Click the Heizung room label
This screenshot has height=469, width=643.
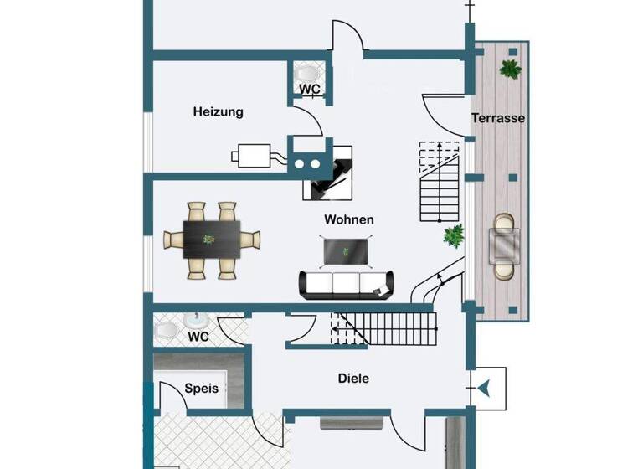pyautogui.click(x=218, y=111)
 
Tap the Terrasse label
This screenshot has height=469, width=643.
pyautogui.click(x=498, y=118)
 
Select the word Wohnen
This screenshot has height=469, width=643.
pyautogui.click(x=348, y=219)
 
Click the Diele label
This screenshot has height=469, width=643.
pyautogui.click(x=353, y=379)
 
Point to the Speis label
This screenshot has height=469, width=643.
pyautogui.click(x=201, y=389)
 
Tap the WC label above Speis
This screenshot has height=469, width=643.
pyautogui.click(x=198, y=337)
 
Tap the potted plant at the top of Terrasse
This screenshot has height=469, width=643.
pyautogui.click(x=510, y=68)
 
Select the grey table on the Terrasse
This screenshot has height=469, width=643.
pyautogui.click(x=505, y=245)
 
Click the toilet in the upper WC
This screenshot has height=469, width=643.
pyautogui.click(x=310, y=73)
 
